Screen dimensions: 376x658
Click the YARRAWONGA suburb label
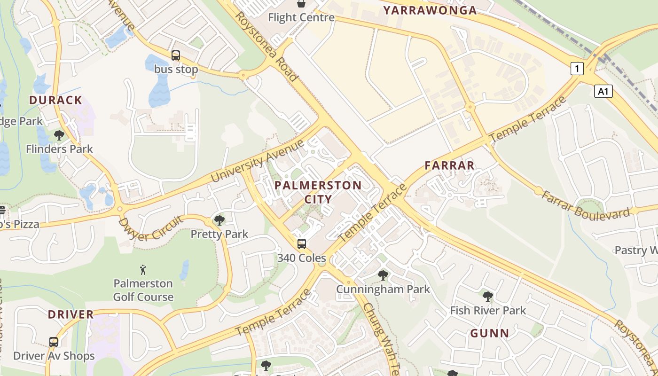click(430, 10)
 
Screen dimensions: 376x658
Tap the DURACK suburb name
click(55, 100)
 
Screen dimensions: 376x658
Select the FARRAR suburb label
click(449, 165)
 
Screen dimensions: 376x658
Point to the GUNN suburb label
click(490, 333)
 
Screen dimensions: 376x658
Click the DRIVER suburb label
click(70, 314)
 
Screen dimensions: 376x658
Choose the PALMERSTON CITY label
click(318, 192)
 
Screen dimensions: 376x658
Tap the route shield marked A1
click(603, 91)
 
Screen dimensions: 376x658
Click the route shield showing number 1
click(577, 69)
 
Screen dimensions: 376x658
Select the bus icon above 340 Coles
click(302, 244)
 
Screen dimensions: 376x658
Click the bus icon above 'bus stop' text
click(176, 55)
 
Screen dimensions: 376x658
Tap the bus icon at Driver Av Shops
click(54, 342)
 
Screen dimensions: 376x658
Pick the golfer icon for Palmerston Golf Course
click(143, 270)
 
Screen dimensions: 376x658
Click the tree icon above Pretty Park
click(219, 220)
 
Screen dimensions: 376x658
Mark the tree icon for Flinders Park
click(59, 135)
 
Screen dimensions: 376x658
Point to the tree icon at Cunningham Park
click(383, 275)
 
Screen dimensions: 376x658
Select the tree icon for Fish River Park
click(488, 296)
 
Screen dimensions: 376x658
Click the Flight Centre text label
click(301, 17)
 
